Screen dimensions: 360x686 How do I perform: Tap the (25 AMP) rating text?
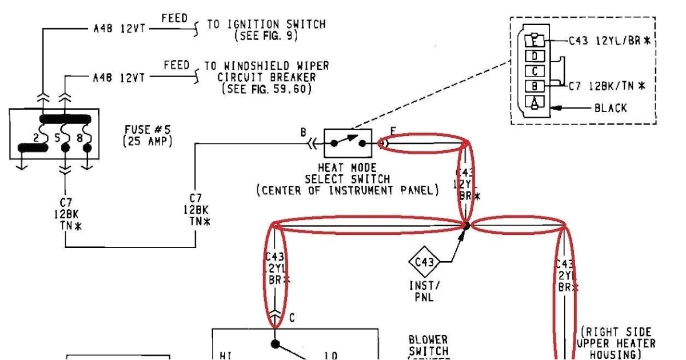point(147,141)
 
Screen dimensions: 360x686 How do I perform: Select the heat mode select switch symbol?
point(348,143)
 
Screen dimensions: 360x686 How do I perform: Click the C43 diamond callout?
point(424,262)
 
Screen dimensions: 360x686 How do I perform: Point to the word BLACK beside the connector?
point(611,108)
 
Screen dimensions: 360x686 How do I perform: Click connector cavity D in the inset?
point(535,56)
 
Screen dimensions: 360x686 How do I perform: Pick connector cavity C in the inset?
point(535,71)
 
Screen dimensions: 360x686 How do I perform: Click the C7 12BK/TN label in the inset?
point(607,86)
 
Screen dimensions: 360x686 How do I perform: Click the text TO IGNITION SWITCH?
point(266,25)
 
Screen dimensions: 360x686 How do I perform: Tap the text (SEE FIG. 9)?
point(266,35)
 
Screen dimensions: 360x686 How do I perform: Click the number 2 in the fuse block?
point(35,138)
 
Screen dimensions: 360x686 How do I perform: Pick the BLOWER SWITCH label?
point(428,345)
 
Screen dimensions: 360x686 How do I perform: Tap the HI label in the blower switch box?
point(225,355)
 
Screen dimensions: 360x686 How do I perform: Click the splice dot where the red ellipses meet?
point(466,226)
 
